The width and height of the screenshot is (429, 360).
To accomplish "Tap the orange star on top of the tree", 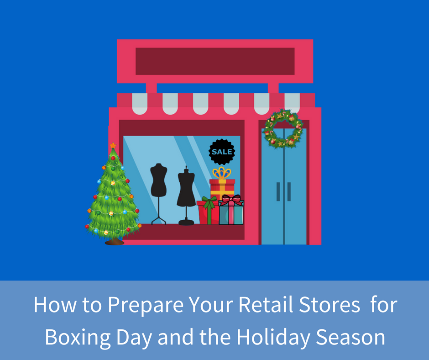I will (x=113, y=145).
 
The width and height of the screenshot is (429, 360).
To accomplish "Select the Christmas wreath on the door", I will (x=283, y=128).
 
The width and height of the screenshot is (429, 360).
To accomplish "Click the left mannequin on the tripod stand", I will (x=159, y=187).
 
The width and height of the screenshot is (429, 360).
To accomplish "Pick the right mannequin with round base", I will (x=186, y=192).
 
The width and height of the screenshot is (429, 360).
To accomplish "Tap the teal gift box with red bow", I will (x=231, y=212).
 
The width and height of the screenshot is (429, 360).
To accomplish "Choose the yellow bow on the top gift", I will (x=222, y=173).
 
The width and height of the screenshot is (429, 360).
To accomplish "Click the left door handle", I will (x=278, y=191).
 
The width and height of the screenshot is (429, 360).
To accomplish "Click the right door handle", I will (x=289, y=191).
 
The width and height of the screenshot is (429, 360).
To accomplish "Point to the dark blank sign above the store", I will (x=215, y=61).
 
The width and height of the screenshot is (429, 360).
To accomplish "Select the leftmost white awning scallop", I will (x=140, y=104).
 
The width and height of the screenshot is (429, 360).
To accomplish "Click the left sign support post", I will (x=151, y=88).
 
